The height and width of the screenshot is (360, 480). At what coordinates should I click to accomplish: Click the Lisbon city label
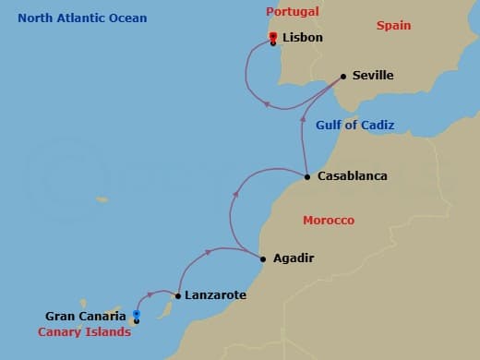[x=302, y=39]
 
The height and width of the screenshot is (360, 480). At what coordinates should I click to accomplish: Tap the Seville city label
[x=373, y=76]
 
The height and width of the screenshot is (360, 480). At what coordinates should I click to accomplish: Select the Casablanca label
[x=352, y=175]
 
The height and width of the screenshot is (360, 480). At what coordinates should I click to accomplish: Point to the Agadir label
[x=294, y=258]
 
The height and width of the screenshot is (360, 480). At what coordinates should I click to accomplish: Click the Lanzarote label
[x=215, y=295]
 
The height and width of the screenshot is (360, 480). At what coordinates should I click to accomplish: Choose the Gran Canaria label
[x=86, y=316]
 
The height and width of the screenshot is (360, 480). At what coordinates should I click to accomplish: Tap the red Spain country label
[x=393, y=26]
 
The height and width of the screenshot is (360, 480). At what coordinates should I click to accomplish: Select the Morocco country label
[x=329, y=221]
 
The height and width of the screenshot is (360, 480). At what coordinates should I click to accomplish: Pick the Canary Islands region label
[x=84, y=332]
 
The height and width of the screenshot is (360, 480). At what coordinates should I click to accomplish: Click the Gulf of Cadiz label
[x=354, y=126]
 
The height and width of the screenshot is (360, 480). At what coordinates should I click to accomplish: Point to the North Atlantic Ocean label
[x=82, y=18]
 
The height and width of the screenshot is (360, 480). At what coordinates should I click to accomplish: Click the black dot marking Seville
[x=343, y=77]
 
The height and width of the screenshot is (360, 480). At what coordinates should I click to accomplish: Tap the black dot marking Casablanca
[x=307, y=176]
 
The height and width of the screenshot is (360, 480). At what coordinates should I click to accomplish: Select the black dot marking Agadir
[x=263, y=259]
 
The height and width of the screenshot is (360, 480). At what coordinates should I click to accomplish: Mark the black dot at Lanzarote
[x=177, y=296]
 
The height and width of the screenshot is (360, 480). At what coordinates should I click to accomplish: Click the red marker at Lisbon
[x=273, y=37]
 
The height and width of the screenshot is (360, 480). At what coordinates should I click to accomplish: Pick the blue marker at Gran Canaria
[x=136, y=314]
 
